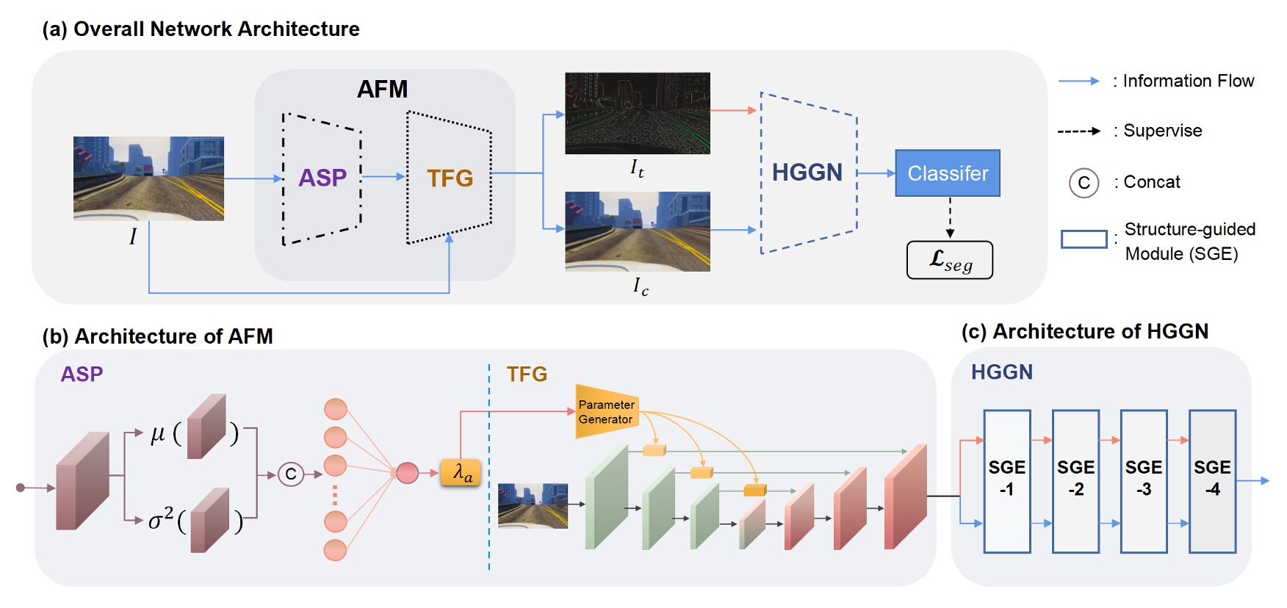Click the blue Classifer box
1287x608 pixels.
coord(947,173)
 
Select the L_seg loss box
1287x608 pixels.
coord(949,260)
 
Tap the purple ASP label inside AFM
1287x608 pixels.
coord(322,178)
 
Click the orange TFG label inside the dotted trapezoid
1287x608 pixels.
coord(450,178)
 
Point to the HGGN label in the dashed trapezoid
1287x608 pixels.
coord(807,173)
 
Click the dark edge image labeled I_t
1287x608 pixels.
coord(637,113)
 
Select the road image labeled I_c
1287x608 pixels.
coord(637,231)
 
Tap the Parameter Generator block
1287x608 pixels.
coord(606,412)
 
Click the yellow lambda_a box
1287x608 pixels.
coord(461,473)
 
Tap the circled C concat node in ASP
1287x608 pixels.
coord(291,474)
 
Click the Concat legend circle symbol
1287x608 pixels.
coord(1084,183)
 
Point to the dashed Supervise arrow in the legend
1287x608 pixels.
coord(1078,131)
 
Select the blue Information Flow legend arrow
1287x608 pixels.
coord(1078,82)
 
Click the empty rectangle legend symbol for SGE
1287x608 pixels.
coord(1084,239)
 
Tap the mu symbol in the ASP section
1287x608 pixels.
coord(157,434)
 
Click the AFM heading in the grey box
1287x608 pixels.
coord(382,90)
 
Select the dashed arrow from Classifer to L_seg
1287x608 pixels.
coord(950,217)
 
